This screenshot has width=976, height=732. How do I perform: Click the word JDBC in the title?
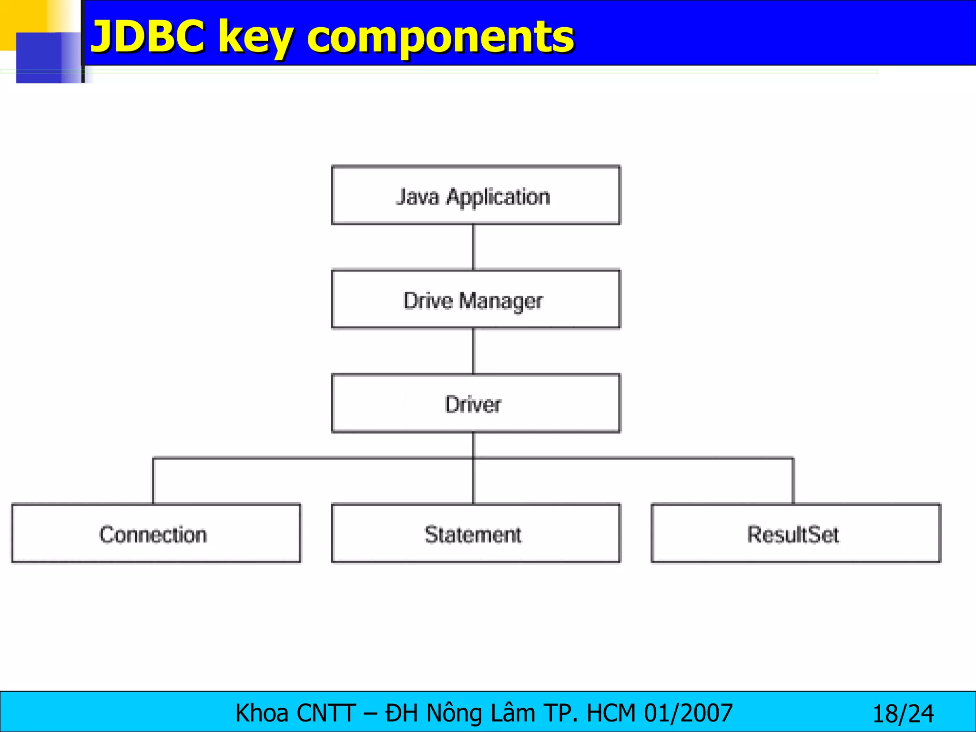(x=148, y=37)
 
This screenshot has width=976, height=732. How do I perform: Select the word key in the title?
(x=255, y=39)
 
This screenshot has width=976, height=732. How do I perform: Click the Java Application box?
(x=476, y=195)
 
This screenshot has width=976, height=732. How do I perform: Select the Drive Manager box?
(x=476, y=300)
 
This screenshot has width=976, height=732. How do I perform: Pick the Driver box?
(x=476, y=404)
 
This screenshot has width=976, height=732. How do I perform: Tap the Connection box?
(x=156, y=534)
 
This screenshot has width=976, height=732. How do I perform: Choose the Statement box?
(x=476, y=534)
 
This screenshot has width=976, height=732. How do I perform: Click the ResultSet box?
(x=795, y=534)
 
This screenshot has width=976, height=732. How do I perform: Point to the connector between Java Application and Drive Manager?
(x=473, y=247)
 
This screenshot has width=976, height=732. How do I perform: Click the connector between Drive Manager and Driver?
(x=473, y=351)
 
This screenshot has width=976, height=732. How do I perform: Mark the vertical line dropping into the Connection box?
(x=153, y=481)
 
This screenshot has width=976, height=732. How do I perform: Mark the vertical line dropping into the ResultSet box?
(x=793, y=481)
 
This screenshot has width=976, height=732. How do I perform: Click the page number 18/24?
(x=903, y=714)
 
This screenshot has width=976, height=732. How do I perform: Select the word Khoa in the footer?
(x=262, y=713)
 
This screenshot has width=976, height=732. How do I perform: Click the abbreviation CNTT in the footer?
(x=326, y=713)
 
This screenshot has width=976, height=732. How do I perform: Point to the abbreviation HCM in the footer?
(x=611, y=713)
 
